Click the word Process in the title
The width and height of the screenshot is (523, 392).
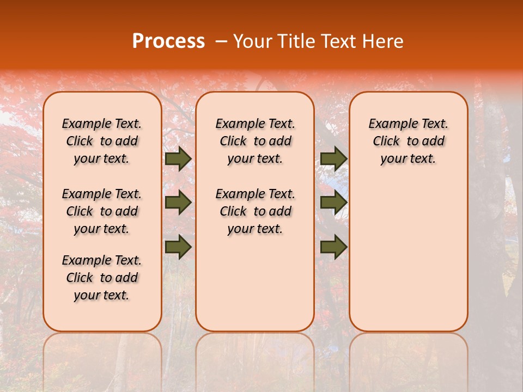(x=168, y=41)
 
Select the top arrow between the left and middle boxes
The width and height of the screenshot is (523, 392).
(x=178, y=159)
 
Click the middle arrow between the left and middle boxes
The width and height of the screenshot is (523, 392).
(x=178, y=203)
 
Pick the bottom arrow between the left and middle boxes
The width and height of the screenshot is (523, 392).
(x=178, y=246)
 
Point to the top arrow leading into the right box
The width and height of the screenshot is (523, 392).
(x=333, y=159)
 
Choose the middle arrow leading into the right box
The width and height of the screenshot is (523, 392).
(x=333, y=203)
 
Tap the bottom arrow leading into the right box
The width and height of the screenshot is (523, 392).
(x=333, y=246)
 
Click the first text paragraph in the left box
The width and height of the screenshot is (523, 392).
(x=102, y=141)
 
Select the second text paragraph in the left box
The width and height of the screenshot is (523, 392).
(x=102, y=211)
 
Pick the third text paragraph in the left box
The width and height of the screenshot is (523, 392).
(x=102, y=278)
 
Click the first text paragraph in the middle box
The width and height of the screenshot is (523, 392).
(x=255, y=141)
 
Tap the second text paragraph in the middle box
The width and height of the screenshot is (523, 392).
(x=255, y=211)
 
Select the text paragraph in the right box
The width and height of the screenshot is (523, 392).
(x=408, y=141)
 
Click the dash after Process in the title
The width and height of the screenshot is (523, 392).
(x=221, y=41)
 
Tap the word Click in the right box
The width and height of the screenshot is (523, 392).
(x=386, y=142)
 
